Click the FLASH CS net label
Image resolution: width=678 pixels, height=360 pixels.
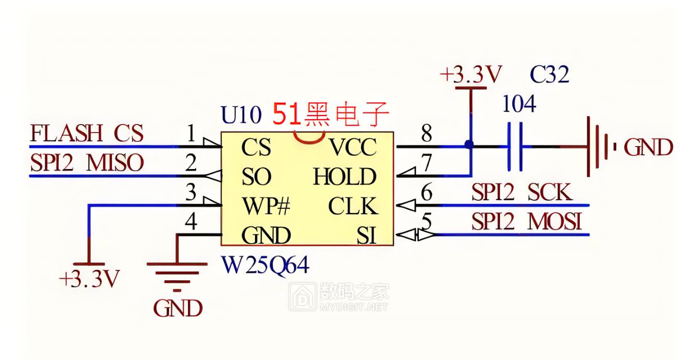(87, 134)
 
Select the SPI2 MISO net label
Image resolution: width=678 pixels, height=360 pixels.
(87, 164)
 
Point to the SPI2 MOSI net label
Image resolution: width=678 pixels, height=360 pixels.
(526, 222)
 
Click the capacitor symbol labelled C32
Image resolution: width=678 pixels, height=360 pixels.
(515, 147)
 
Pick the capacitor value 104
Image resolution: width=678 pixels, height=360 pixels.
(518, 105)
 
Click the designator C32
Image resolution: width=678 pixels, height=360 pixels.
(549, 75)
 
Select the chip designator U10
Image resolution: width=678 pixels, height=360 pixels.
(240, 115)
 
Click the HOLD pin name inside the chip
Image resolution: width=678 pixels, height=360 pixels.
(345, 177)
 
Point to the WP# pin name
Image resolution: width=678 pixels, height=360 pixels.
(265, 207)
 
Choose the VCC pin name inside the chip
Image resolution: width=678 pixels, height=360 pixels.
(353, 148)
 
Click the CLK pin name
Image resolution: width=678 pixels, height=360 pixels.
(353, 207)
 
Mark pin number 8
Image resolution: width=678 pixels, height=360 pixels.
(427, 134)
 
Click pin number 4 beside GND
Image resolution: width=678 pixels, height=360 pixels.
(191, 222)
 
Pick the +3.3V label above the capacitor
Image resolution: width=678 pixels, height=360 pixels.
(470, 75)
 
